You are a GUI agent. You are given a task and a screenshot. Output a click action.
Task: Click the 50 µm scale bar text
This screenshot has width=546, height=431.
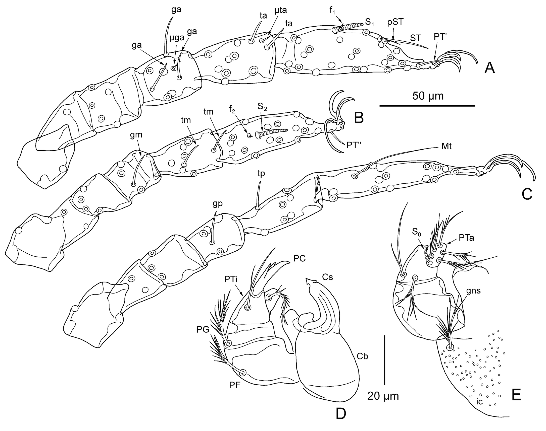(428, 96)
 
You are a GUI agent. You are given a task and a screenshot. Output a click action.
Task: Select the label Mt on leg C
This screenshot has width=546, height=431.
(446, 146)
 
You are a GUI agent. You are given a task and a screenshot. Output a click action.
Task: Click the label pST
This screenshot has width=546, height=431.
(395, 22)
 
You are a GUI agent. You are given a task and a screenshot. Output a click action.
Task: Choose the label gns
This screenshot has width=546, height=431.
(473, 291)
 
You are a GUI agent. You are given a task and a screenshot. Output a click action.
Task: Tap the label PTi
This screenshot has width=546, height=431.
(231, 279)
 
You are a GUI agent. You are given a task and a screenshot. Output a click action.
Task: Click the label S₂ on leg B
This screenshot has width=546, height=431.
(262, 107)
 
